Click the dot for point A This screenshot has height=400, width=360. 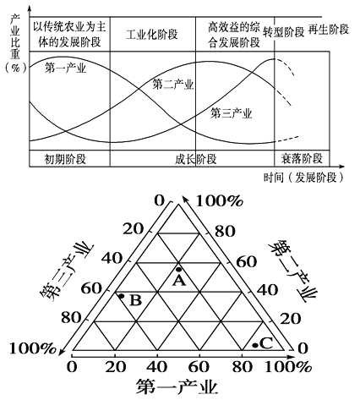178,269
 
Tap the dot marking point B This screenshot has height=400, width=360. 122,296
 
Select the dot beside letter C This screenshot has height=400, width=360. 255,345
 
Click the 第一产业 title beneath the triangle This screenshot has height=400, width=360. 177,386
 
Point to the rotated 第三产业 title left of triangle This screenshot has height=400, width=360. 67,271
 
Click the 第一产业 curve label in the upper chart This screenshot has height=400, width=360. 65,68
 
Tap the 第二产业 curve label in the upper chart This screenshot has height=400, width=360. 173,85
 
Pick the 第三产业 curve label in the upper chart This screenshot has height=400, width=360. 232,113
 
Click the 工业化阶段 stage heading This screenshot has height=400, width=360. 152,35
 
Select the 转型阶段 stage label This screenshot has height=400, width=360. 284,32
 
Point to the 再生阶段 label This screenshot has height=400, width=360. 329,30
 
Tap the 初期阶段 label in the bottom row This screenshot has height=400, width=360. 65,159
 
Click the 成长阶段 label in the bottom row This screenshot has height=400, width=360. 196,159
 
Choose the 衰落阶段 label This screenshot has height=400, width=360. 302,159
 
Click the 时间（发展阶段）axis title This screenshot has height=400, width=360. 303,178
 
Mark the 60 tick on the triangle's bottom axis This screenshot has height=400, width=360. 199,367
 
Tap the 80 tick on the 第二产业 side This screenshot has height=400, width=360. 225,232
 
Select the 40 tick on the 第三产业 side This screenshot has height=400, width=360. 112,259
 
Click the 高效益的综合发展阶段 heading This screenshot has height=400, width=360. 234,35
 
